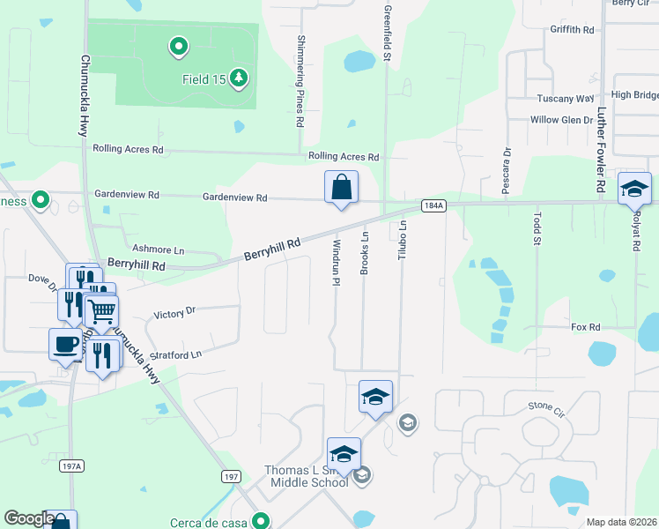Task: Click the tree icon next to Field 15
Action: [x=239, y=79]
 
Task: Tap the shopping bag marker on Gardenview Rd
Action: [x=341, y=188]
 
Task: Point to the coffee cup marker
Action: [x=64, y=344]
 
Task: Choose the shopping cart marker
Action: [x=102, y=311]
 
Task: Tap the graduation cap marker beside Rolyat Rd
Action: [x=634, y=189]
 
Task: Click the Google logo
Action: [x=29, y=519]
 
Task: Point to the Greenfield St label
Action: [x=387, y=33]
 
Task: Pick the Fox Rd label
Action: [x=585, y=326]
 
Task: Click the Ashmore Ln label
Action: [x=158, y=250]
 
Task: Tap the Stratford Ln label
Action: [x=174, y=354]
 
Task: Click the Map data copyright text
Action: [x=621, y=522]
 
